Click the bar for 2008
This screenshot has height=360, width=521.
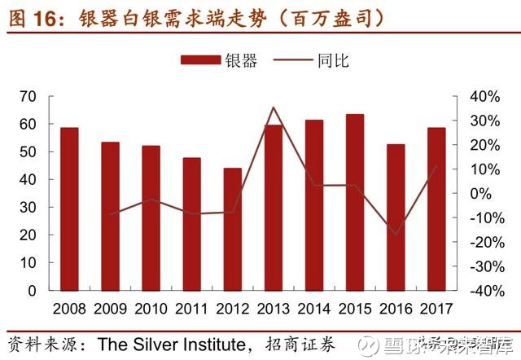click(69, 209)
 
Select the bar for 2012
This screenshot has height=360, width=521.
click(233, 229)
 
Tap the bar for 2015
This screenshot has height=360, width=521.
click(355, 202)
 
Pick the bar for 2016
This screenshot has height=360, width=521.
click(396, 217)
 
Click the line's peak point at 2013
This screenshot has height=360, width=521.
click(274, 108)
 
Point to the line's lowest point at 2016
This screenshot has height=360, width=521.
click(396, 235)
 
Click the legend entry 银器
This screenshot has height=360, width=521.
click(217, 60)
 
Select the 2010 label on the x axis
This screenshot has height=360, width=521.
click(151, 310)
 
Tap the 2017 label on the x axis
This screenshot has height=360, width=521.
click(437, 310)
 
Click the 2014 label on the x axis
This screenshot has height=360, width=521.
click(314, 310)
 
